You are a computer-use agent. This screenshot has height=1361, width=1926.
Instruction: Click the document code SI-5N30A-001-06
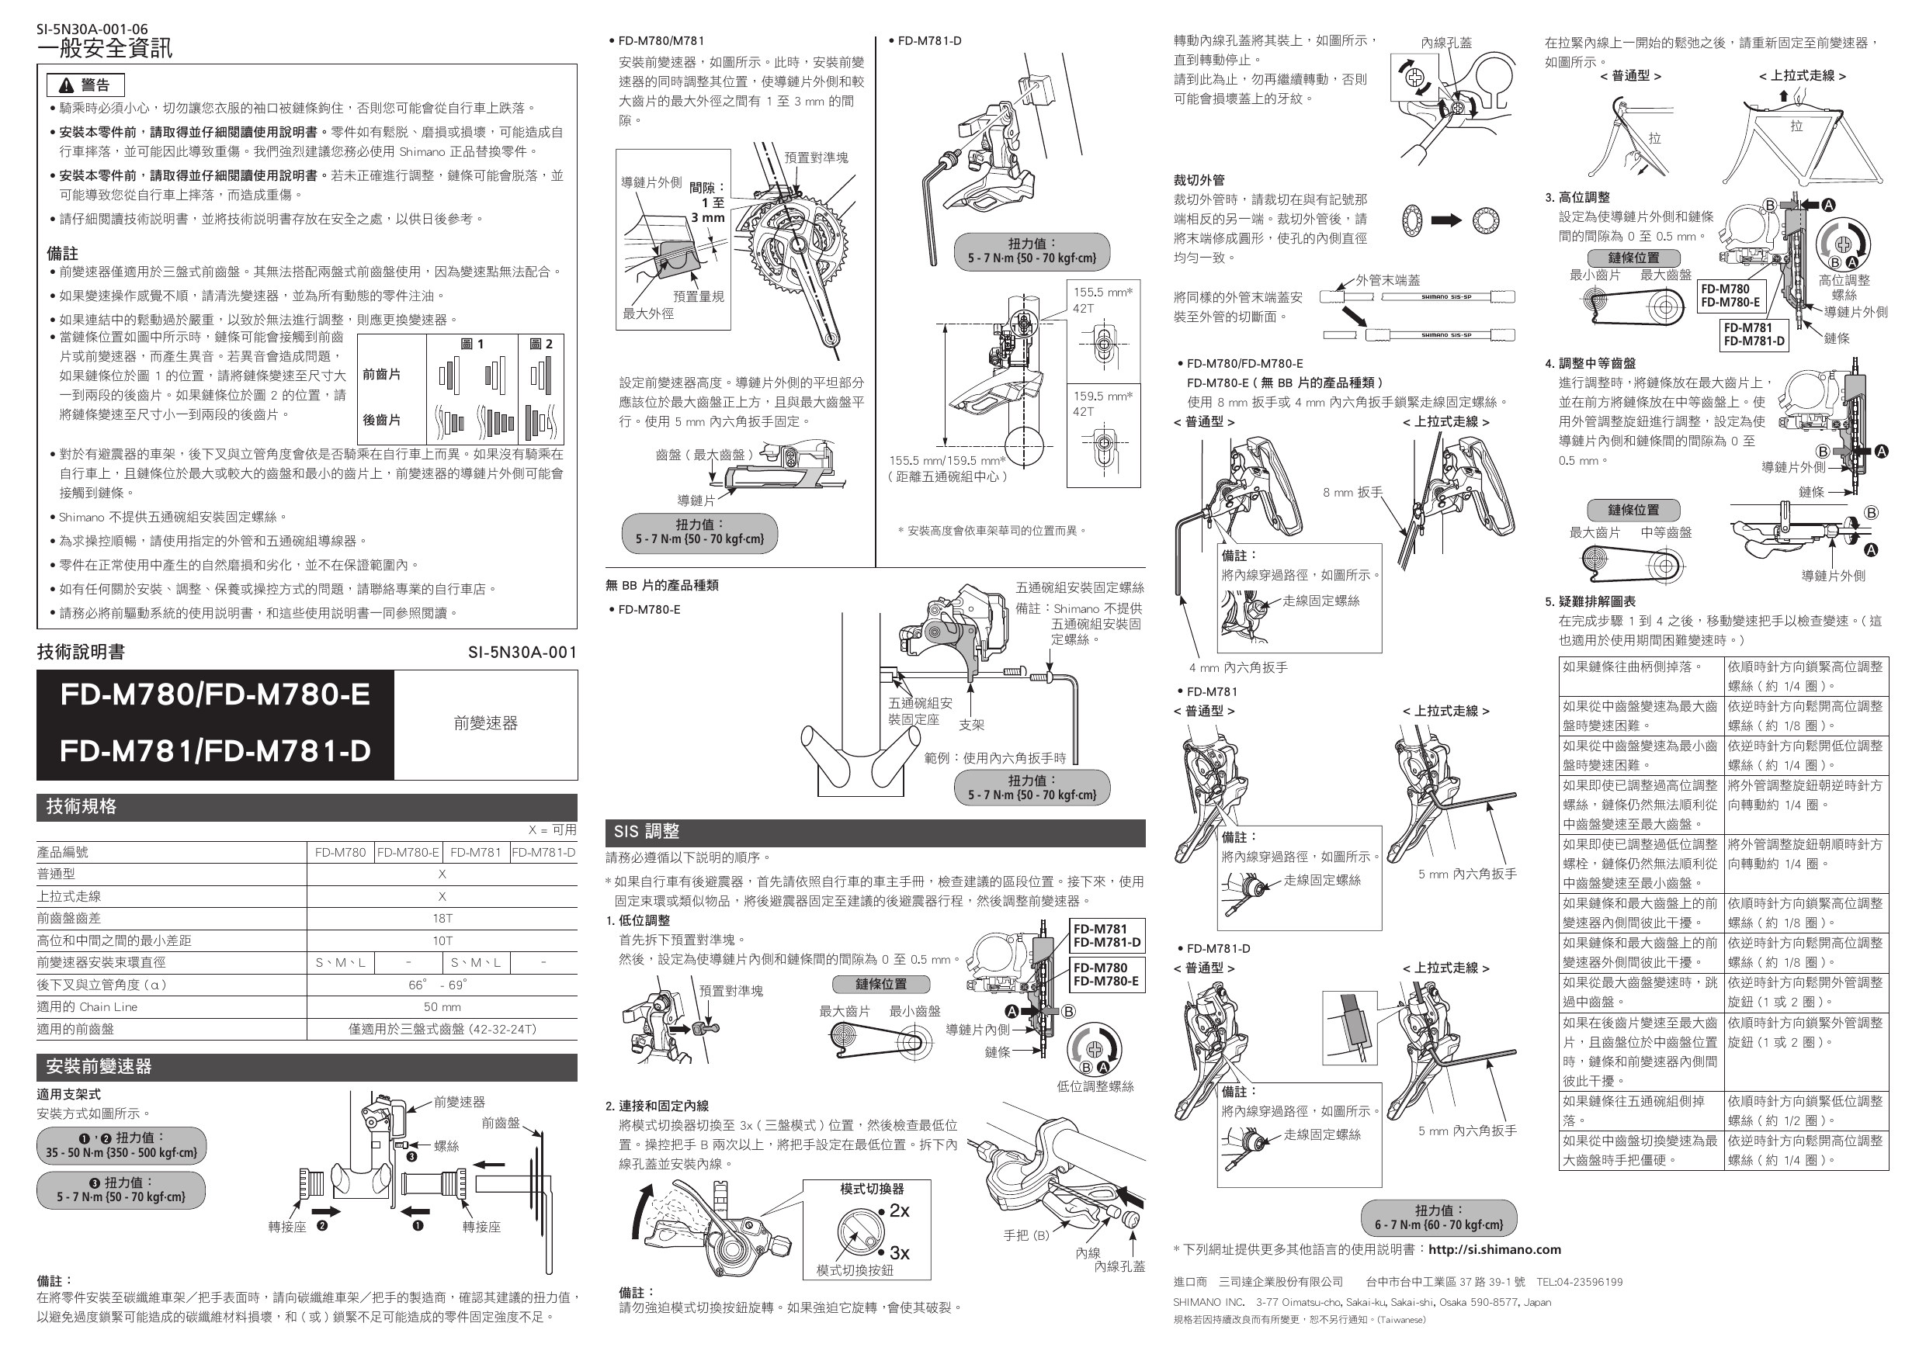tap(92, 29)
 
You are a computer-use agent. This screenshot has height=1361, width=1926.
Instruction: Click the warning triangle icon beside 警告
tap(66, 85)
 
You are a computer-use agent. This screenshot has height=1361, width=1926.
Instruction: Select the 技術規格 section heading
tap(82, 807)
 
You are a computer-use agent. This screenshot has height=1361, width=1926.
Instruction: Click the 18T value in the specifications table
tap(442, 918)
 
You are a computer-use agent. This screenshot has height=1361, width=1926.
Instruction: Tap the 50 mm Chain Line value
tap(442, 1007)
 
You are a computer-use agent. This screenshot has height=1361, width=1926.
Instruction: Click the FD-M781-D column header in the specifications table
tap(543, 852)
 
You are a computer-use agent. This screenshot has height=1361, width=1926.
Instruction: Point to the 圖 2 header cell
tap(541, 344)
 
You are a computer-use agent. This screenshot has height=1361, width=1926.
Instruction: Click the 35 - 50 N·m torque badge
tap(121, 1145)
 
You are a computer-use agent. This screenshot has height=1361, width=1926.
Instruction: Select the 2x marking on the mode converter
tap(899, 1211)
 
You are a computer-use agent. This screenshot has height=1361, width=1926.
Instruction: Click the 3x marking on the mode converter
tap(899, 1253)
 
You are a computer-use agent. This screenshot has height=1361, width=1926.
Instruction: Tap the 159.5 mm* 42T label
tap(1102, 403)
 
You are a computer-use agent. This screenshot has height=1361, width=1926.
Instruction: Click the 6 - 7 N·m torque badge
tap(1438, 1217)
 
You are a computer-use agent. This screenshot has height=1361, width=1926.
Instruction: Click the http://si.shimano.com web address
tap(1494, 1249)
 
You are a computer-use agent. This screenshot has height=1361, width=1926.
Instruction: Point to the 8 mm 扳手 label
tap(1352, 492)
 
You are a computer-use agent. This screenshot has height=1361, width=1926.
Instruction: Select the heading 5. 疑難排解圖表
tap(1591, 601)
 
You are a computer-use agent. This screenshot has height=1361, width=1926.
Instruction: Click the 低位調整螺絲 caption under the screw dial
tap(1095, 1087)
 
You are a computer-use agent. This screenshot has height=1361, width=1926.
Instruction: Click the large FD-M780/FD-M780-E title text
tap(215, 695)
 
